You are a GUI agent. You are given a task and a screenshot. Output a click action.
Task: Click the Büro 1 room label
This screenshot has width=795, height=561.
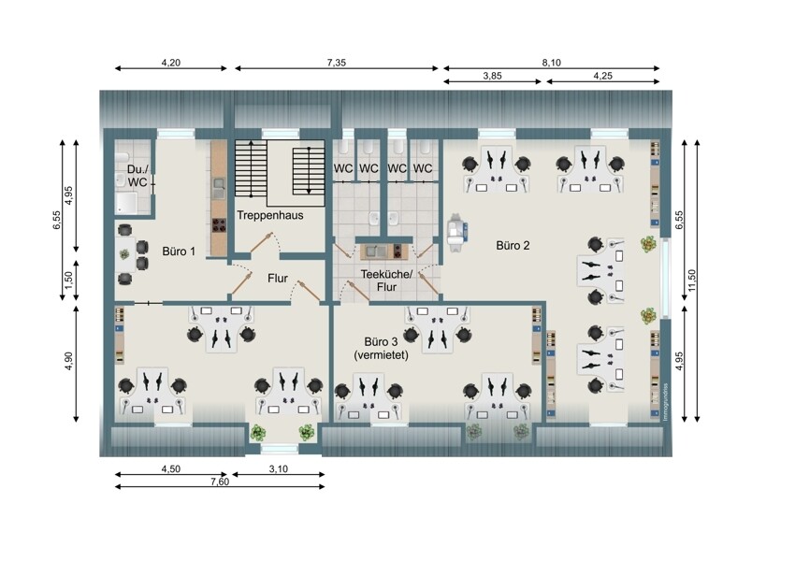pyautogui.click(x=179, y=251)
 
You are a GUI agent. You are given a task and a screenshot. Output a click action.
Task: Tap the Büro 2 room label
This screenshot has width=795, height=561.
pyautogui.click(x=513, y=246)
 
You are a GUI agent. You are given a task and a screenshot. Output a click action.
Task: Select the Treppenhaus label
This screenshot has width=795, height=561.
pyautogui.click(x=270, y=215)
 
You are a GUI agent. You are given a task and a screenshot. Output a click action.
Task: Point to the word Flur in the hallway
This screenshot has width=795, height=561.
pyautogui.click(x=278, y=279)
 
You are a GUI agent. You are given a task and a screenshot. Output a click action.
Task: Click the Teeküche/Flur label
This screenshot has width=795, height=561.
pyautogui.click(x=387, y=280)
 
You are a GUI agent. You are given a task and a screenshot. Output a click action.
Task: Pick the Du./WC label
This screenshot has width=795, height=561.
pyautogui.click(x=137, y=176)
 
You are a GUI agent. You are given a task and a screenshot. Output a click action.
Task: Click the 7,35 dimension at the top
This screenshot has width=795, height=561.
pyautogui.click(x=336, y=63)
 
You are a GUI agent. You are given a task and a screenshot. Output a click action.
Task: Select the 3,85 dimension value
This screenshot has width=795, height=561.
pyautogui.click(x=492, y=76)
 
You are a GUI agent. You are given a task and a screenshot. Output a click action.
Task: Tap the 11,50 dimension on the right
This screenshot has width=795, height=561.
pyautogui.click(x=692, y=280)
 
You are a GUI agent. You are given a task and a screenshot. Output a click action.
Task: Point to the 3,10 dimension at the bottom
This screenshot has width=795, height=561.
pyautogui.click(x=279, y=469)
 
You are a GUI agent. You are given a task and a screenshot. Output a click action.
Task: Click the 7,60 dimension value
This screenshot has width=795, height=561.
pyautogui.click(x=220, y=482)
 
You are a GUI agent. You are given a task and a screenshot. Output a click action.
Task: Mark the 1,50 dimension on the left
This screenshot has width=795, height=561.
pyautogui.click(x=69, y=279)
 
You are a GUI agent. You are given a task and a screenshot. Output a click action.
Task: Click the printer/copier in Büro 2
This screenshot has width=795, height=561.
pyautogui.click(x=456, y=231)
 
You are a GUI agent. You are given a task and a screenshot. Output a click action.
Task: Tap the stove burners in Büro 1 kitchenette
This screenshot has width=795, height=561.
pyautogui.click(x=219, y=224)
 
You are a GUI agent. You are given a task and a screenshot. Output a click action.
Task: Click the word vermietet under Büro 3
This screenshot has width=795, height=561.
pyautogui.click(x=381, y=354)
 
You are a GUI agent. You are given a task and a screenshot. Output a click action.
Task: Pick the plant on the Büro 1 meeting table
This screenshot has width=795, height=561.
pyautogui.click(x=124, y=254)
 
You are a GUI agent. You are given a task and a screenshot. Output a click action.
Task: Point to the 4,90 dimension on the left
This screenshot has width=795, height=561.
pyautogui.click(x=69, y=361)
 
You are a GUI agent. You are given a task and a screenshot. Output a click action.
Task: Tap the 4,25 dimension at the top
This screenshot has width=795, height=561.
pyautogui.click(x=603, y=76)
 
